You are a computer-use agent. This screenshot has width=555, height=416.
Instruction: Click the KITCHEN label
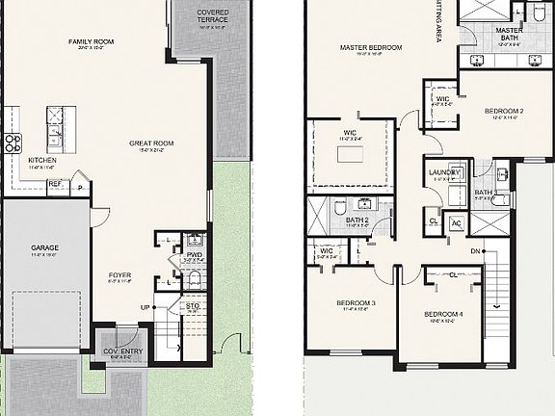41,161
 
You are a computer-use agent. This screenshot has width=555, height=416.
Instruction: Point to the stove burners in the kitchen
13,144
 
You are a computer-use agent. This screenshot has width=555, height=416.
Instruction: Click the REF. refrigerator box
55,183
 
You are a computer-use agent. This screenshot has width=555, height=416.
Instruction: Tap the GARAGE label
44,247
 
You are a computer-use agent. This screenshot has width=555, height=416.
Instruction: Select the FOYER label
119,274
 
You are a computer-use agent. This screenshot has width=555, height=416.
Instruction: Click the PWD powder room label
195,255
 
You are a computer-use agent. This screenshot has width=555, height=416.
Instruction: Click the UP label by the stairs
145,307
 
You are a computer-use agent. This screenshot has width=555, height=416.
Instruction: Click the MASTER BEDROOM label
371,47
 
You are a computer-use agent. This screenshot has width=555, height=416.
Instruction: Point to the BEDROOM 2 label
505,112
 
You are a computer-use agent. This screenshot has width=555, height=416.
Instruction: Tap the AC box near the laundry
456,221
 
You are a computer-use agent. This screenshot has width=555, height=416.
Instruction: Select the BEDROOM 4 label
447,315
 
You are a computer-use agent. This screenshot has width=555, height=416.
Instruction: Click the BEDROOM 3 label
356,303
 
